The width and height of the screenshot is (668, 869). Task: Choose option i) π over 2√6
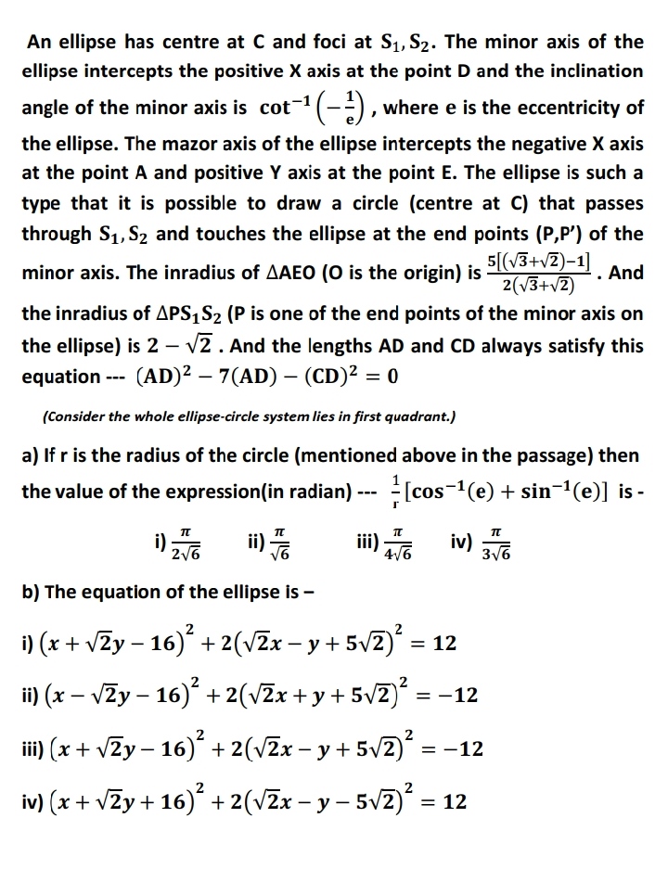(182, 540)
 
